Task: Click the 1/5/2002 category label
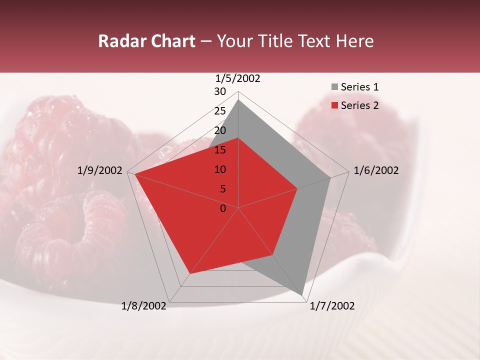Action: [238, 78]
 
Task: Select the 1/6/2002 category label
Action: [376, 170]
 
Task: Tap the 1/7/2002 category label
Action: [332, 306]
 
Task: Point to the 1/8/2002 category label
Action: [144, 306]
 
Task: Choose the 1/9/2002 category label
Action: [100, 170]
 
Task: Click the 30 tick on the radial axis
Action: [220, 91]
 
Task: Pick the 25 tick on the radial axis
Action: [220, 111]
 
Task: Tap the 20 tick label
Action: [220, 130]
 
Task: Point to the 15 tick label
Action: [220, 150]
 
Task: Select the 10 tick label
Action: [220, 169]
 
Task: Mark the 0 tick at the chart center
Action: [223, 208]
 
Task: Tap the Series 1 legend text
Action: [359, 87]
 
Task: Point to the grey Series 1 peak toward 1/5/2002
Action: [238, 100]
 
